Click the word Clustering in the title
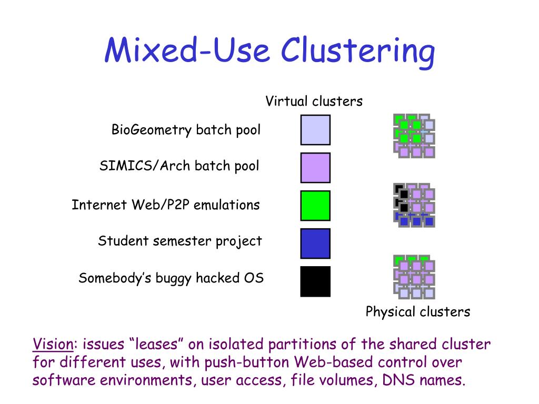coord(358,52)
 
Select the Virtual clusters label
coord(314,101)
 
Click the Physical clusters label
coord(417,311)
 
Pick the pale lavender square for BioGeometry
coord(315,130)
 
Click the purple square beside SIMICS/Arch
coord(315,168)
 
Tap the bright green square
coord(315,206)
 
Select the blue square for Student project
coord(315,244)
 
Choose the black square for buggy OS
coord(315,281)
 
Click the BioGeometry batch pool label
coord(186,130)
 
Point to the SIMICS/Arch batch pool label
coord(179,166)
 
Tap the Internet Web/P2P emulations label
coord(166,205)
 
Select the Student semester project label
coord(179,241)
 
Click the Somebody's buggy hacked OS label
coord(171,278)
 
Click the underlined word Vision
coord(53,345)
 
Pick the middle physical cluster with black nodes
coord(414,205)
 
